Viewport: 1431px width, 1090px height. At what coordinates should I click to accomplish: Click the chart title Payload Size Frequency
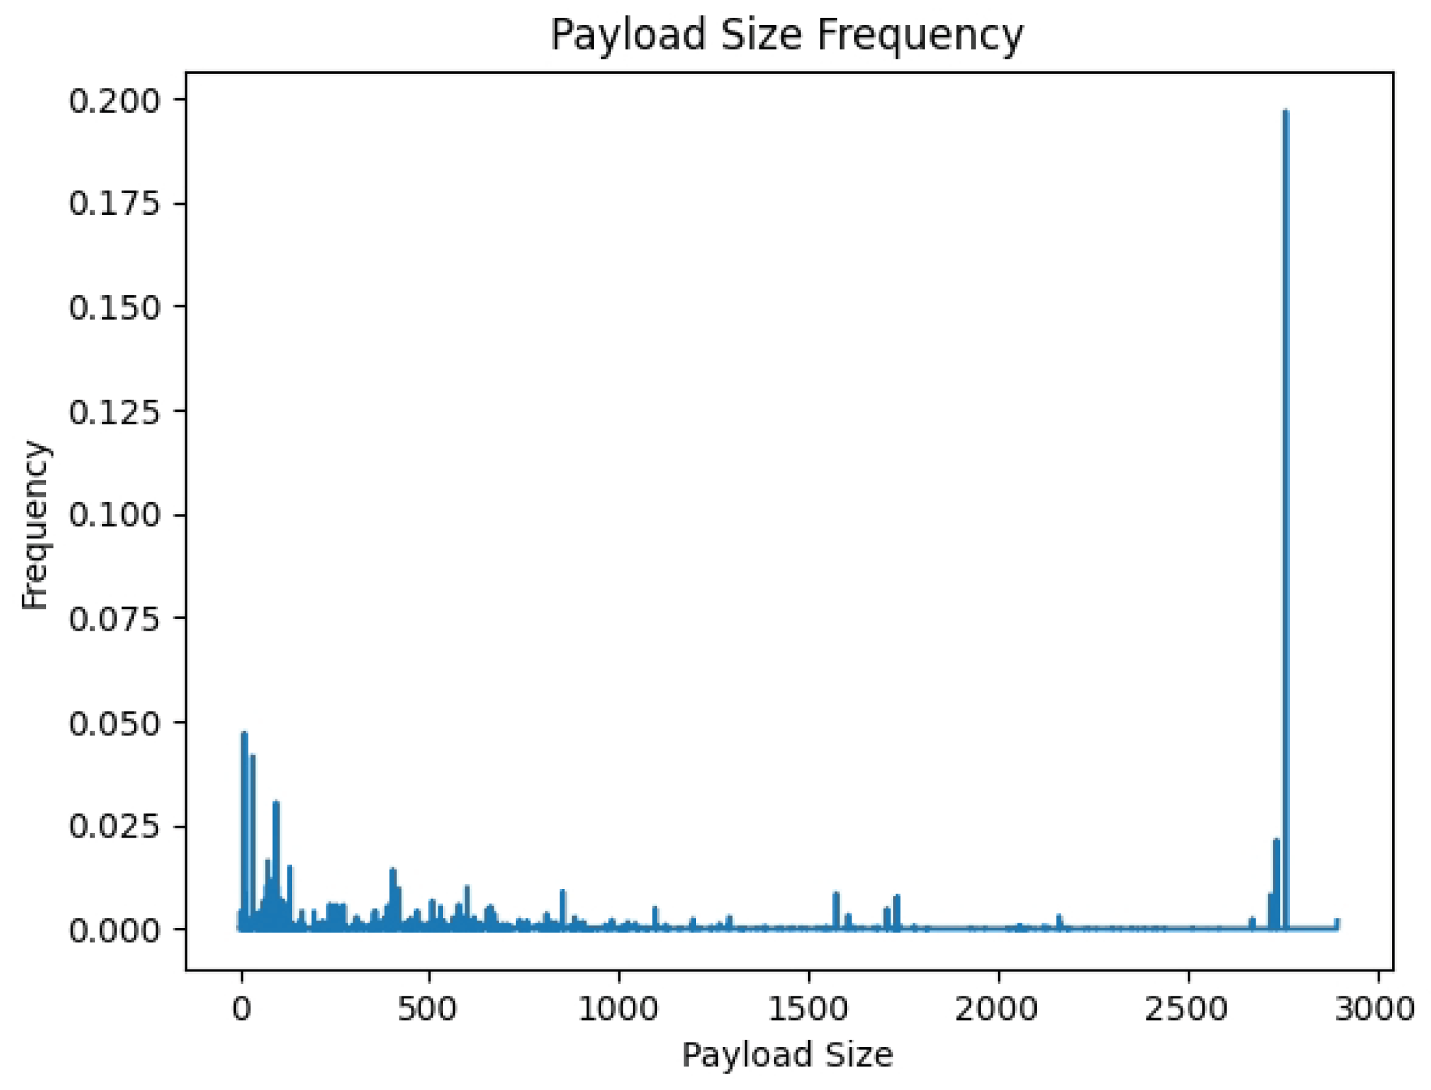point(787,34)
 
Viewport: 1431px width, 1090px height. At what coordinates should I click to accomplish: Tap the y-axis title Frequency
point(34,526)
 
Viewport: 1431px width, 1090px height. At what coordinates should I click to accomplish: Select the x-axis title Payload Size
point(787,1054)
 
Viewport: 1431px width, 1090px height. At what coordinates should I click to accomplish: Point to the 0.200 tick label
point(115,101)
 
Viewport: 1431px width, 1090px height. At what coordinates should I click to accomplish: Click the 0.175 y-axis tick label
point(115,204)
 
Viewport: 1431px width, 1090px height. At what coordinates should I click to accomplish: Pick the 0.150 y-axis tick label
point(115,308)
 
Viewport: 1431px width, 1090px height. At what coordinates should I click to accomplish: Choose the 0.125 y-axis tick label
point(115,412)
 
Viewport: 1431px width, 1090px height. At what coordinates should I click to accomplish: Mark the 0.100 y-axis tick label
point(115,515)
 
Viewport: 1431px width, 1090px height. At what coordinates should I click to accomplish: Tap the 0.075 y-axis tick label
point(115,619)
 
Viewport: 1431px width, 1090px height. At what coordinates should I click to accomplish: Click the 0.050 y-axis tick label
point(115,723)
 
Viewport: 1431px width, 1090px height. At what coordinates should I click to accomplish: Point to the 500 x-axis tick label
point(428,1009)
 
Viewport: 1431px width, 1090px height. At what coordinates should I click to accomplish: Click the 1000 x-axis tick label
point(618,1009)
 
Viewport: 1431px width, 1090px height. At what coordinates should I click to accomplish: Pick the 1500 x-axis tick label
point(808,1009)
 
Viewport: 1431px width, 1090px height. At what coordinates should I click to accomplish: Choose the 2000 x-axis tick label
point(997,1009)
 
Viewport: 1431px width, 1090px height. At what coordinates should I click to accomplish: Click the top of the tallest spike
point(1285,111)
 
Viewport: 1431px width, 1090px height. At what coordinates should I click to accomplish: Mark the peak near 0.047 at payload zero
point(245,733)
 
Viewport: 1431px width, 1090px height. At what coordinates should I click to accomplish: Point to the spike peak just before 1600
point(836,894)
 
